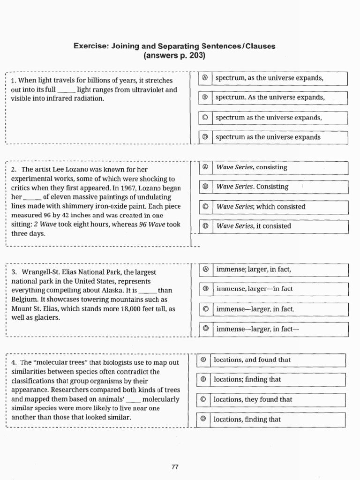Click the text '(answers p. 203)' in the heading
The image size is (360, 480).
(x=174, y=56)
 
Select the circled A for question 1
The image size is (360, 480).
(x=205, y=78)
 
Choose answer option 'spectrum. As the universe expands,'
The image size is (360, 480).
(x=270, y=98)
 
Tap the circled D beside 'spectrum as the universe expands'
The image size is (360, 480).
(x=205, y=137)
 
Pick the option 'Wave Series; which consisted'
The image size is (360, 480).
(x=261, y=207)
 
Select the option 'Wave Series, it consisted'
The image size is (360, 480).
(x=254, y=226)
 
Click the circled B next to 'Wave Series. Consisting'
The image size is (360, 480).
(x=205, y=187)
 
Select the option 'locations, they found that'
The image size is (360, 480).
(x=253, y=400)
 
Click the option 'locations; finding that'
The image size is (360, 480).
(x=247, y=380)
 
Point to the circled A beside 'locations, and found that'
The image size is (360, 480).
(x=203, y=360)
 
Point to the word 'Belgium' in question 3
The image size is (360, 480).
(x=24, y=300)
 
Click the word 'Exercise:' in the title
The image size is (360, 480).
(x=90, y=46)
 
